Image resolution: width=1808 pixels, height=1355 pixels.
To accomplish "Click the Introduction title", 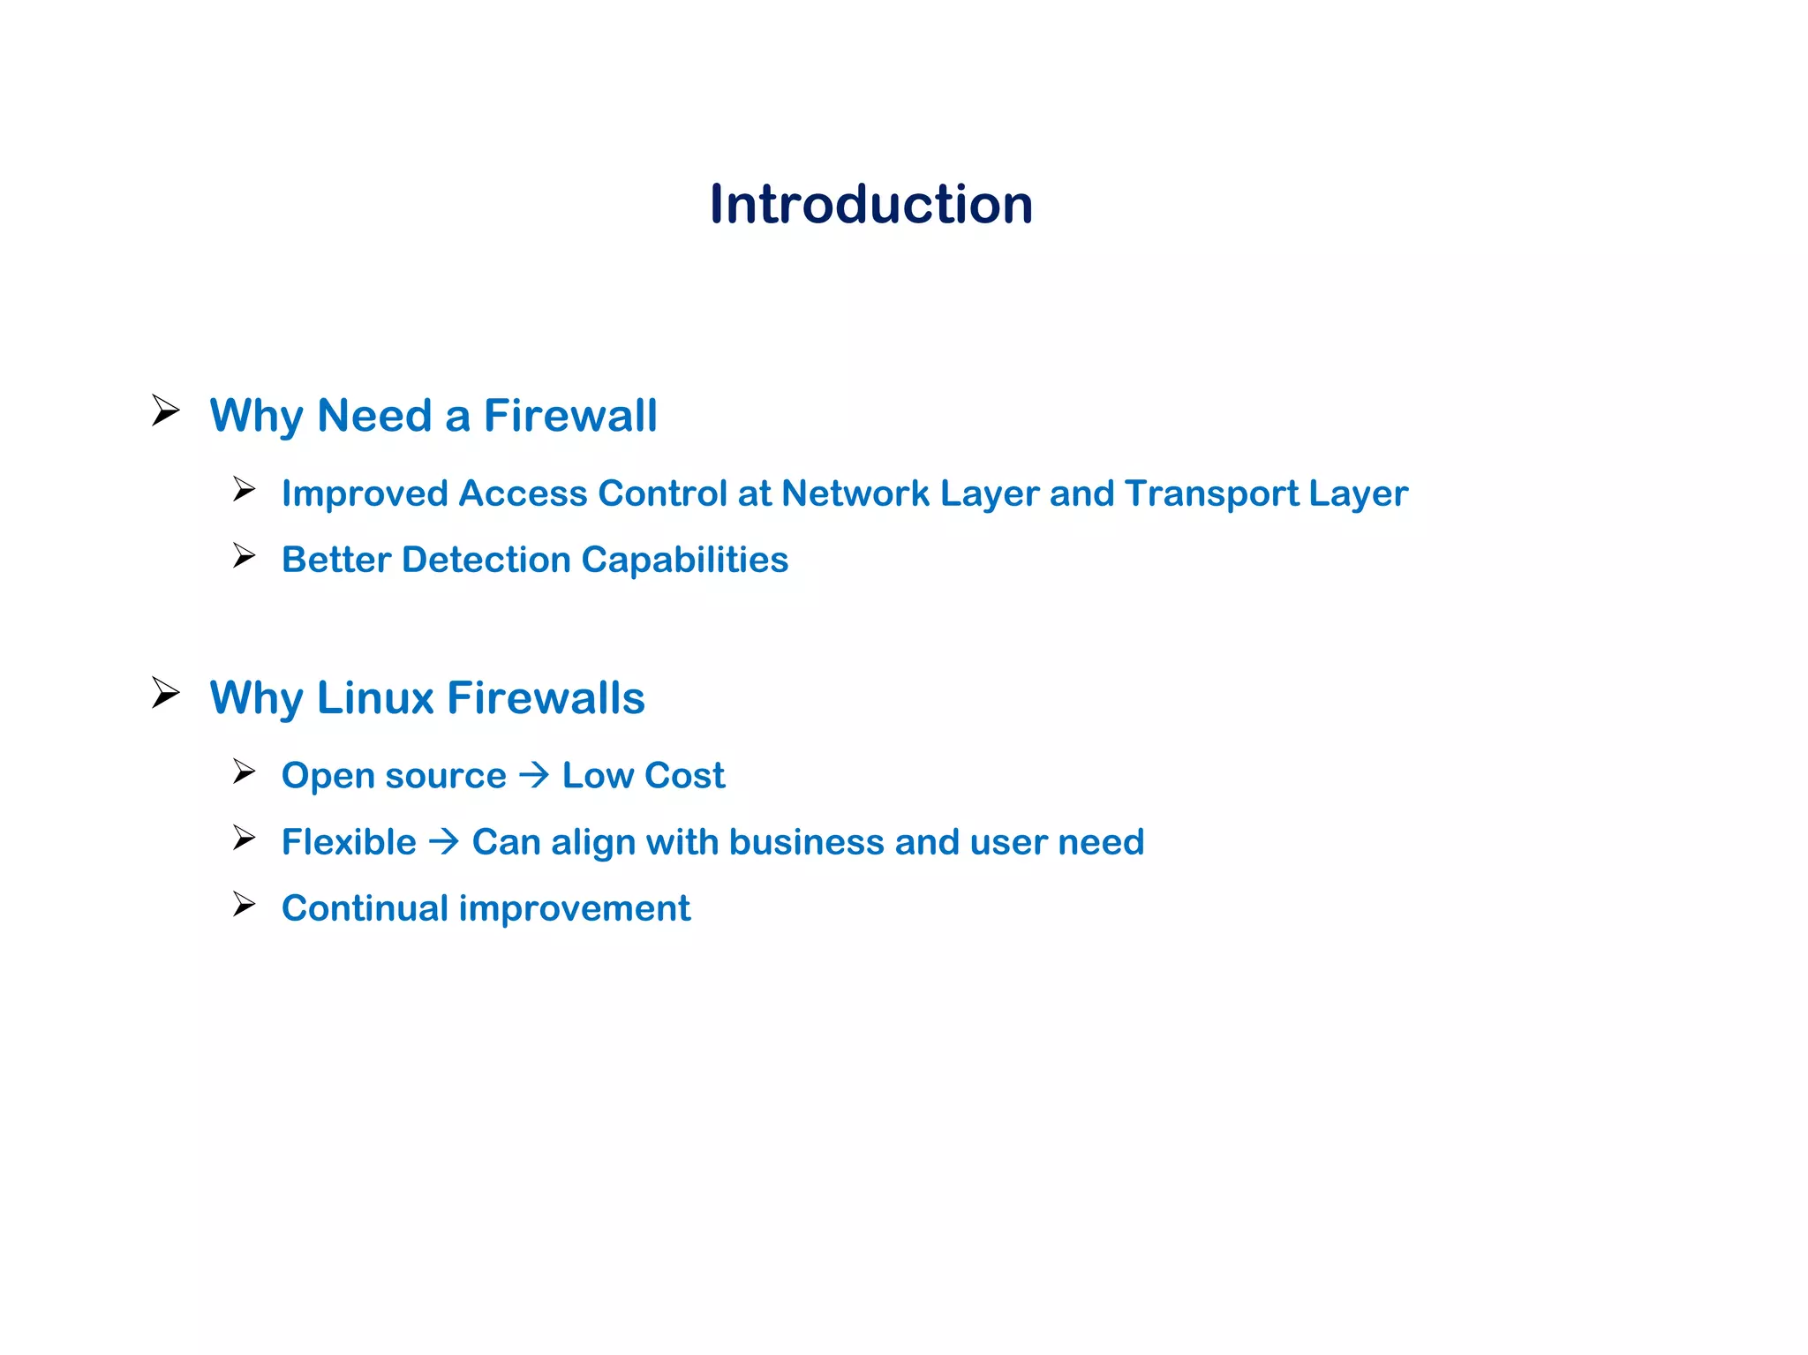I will click(871, 205).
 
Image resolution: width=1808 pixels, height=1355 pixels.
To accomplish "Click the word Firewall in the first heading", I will click(570, 416).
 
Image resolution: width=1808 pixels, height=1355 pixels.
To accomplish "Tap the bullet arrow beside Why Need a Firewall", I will click(165, 410).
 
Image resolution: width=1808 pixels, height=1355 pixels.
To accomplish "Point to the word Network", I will click(855, 493).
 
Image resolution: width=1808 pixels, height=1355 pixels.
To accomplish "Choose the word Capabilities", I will click(684, 560).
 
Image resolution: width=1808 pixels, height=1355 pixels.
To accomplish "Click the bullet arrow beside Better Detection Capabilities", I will click(244, 556).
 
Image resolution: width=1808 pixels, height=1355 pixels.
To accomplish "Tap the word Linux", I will click(375, 698).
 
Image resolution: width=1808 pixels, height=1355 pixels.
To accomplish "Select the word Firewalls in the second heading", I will click(546, 698).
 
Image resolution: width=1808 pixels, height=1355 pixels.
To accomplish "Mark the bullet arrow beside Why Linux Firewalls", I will click(165, 693).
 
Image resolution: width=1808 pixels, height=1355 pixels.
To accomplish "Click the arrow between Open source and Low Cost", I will click(534, 775).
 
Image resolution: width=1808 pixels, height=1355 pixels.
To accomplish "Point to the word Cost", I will click(684, 776).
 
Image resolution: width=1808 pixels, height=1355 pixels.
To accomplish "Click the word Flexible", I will click(349, 842).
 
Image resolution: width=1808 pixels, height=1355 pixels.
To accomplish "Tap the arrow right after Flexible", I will click(444, 841).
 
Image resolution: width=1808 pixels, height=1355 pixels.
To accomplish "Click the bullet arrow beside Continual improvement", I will click(244, 905).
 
